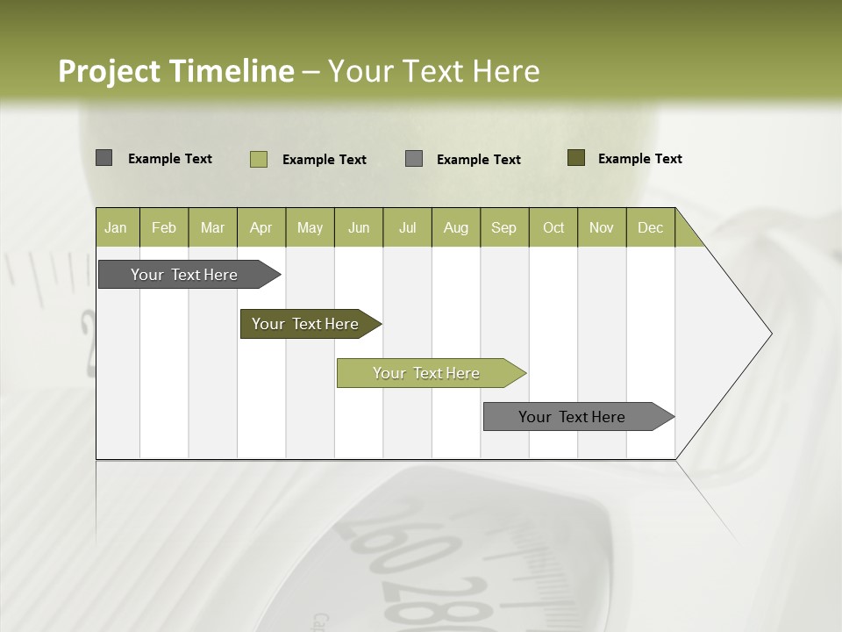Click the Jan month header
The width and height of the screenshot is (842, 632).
click(116, 227)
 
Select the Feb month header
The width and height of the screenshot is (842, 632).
click(164, 227)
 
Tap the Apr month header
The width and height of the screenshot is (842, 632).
click(260, 227)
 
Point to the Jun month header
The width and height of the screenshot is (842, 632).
click(359, 227)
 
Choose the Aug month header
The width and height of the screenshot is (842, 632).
click(455, 227)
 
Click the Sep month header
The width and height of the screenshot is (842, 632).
click(503, 227)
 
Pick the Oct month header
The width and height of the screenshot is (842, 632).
click(553, 227)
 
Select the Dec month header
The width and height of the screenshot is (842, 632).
click(650, 227)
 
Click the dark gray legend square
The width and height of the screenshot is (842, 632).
click(103, 158)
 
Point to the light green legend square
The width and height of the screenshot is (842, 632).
click(259, 159)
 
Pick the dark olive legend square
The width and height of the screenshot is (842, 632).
click(576, 158)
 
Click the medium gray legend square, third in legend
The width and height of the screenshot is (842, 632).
click(414, 158)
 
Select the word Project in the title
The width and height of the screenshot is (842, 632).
click(111, 71)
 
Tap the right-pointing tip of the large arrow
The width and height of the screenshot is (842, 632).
click(769, 334)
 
